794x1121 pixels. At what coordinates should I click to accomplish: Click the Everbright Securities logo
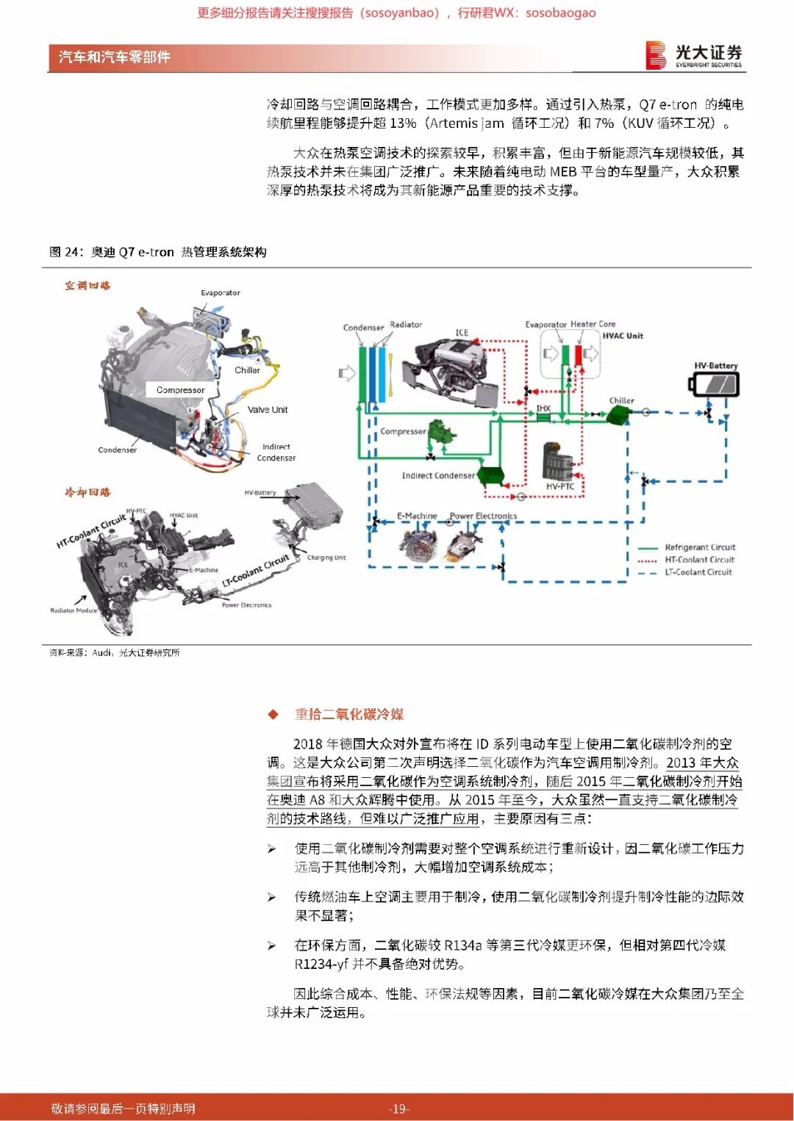click(694, 55)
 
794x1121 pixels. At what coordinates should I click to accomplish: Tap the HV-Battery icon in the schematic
click(713, 384)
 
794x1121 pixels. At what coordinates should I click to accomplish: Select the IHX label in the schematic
click(543, 408)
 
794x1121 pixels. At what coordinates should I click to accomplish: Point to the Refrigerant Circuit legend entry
click(699, 547)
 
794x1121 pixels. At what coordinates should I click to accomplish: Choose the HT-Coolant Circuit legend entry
click(699, 560)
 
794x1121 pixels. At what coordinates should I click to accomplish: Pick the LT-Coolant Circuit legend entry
click(698, 572)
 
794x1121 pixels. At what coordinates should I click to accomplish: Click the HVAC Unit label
click(623, 336)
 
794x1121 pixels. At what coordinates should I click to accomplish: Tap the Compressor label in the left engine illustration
click(180, 390)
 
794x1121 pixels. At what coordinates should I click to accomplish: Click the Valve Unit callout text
click(268, 410)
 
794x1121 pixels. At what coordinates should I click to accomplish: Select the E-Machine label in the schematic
click(417, 516)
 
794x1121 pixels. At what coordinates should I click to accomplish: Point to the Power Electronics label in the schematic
click(483, 516)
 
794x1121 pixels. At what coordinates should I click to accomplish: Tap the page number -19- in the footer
click(398, 1109)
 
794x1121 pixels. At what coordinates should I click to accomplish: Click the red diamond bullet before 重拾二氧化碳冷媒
click(273, 714)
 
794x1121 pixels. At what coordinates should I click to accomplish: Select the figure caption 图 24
click(157, 252)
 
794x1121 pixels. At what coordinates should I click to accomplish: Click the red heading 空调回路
click(87, 286)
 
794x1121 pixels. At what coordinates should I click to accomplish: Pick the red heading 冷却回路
click(87, 492)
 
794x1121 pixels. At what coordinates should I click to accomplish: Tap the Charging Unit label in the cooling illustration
click(326, 558)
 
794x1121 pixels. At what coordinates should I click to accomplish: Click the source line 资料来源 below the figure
click(114, 652)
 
